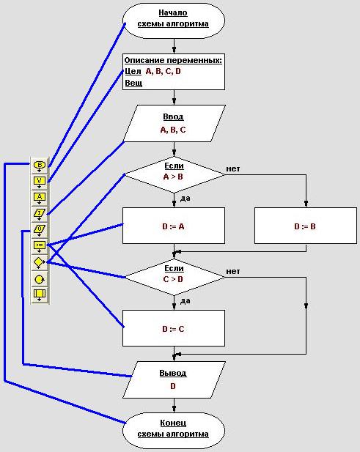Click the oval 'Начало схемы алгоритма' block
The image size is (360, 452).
[x=173, y=21]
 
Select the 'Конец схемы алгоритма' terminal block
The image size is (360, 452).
[x=173, y=430]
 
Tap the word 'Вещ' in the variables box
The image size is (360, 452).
[x=133, y=83]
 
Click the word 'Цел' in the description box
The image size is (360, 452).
[x=133, y=71]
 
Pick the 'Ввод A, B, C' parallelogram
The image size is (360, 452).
[x=174, y=123]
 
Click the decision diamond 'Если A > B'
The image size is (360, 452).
[x=174, y=174]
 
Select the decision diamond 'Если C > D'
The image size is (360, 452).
[x=174, y=278]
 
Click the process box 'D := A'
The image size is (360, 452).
[x=174, y=226]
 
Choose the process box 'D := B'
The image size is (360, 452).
[x=306, y=226]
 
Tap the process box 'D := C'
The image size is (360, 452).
[x=174, y=328]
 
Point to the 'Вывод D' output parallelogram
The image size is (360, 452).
[x=174, y=380]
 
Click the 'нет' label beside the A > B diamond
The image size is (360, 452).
[x=233, y=168]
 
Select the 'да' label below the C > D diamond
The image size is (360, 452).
[x=185, y=301]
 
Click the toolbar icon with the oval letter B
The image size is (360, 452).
[x=40, y=166]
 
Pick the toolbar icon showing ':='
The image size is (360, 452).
[x=40, y=246]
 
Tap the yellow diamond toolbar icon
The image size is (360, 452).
[x=40, y=262]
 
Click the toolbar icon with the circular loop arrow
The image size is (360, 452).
[x=40, y=279]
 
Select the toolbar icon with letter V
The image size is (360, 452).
[x=40, y=182]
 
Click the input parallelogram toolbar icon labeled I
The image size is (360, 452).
[x=40, y=214]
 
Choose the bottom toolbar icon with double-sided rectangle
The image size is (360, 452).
[x=40, y=294]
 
